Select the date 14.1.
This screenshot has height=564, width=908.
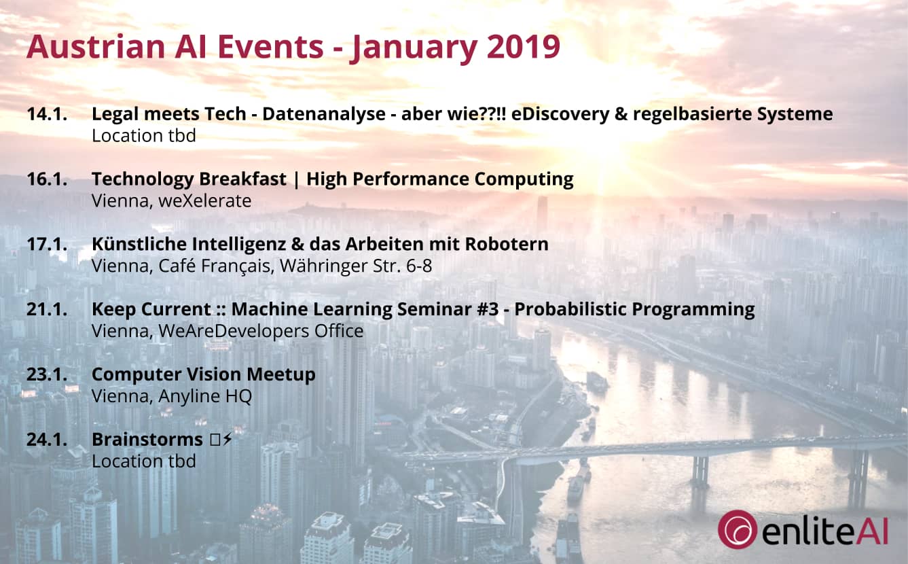[x=47, y=114]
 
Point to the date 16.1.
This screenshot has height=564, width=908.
[x=47, y=179]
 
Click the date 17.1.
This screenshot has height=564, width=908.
[x=47, y=245]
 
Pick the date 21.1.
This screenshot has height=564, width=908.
[x=47, y=310]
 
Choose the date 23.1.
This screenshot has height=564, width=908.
[x=47, y=375]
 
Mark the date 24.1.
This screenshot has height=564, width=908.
[x=47, y=440]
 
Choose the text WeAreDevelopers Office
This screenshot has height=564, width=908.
[x=261, y=331]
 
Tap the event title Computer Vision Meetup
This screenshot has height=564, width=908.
[x=203, y=375]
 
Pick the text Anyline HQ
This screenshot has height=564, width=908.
[x=205, y=396]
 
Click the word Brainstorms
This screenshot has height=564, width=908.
[x=147, y=440]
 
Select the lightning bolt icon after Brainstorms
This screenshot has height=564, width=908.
[x=228, y=440]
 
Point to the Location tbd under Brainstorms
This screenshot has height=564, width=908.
[x=144, y=461]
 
